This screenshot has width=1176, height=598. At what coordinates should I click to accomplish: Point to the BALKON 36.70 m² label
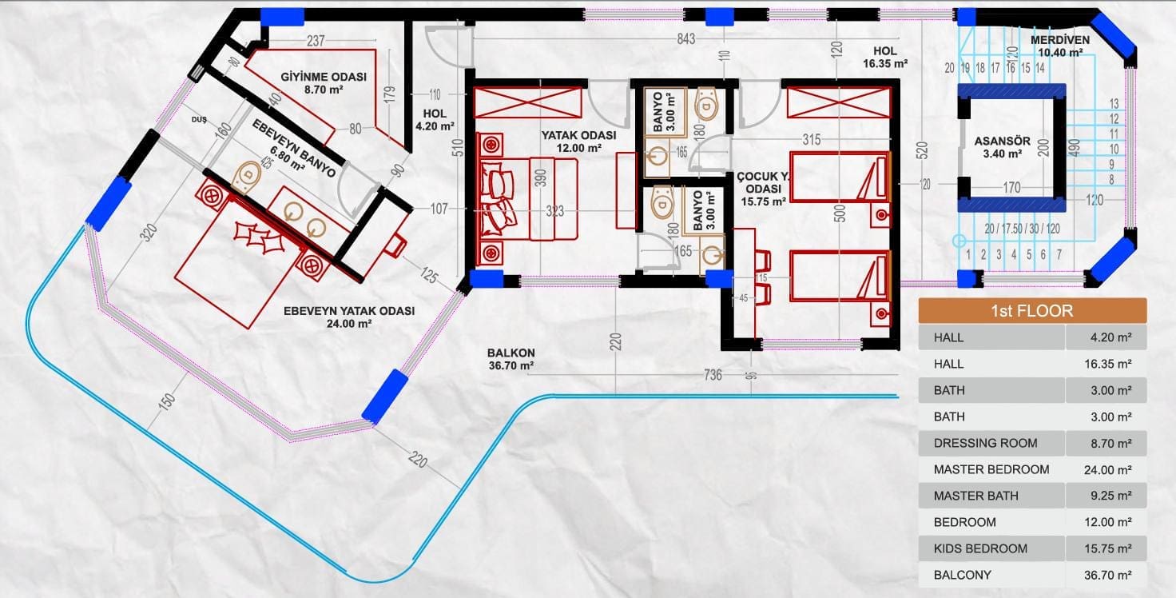(511, 359)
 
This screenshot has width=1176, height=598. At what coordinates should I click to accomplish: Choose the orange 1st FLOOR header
(1032, 310)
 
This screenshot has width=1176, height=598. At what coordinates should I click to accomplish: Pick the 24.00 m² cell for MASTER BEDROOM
(1108, 470)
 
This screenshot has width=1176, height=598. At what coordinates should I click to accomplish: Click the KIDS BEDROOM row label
(980, 548)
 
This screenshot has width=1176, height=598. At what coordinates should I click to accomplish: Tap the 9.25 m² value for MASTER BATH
(1111, 496)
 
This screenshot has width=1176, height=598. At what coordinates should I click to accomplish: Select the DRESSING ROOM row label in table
(985, 443)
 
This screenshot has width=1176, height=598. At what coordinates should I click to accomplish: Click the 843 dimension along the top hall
(685, 39)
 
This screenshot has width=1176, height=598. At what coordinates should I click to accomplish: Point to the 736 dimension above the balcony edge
(713, 375)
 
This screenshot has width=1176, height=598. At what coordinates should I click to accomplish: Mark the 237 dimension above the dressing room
(316, 41)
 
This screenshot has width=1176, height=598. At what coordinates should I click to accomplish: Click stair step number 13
(1114, 103)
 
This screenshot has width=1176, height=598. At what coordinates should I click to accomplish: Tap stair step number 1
(968, 255)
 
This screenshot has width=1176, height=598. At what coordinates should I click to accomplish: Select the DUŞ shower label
(199, 120)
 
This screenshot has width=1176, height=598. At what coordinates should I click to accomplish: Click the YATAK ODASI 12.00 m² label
(578, 142)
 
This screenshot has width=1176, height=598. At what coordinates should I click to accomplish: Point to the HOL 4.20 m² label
(435, 120)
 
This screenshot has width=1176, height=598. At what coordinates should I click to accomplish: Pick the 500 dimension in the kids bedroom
(840, 213)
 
